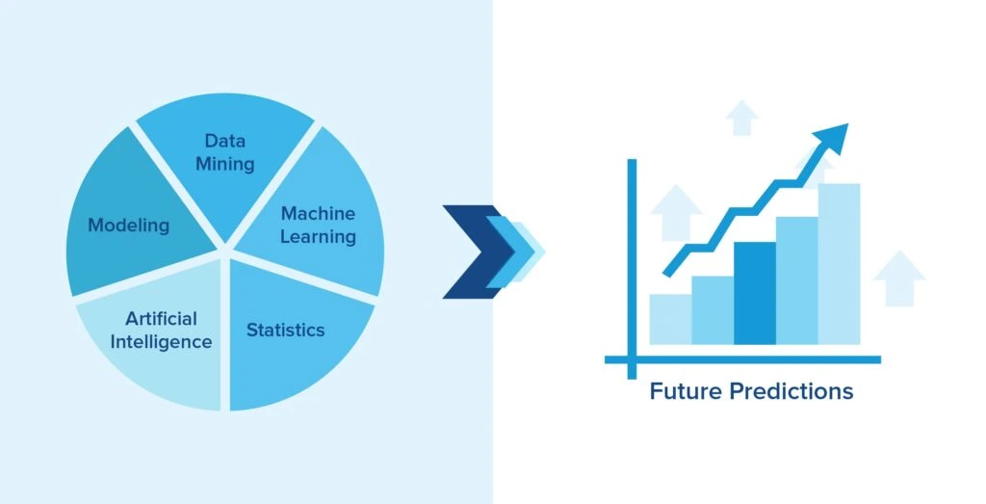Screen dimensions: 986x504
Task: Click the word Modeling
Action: click(129, 225)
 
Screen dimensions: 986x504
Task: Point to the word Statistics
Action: click(285, 330)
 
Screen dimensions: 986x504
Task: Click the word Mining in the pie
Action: click(225, 164)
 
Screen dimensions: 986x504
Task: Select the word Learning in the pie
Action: click(318, 237)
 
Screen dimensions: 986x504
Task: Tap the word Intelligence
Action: click(161, 342)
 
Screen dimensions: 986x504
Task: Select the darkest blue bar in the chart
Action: click(755, 293)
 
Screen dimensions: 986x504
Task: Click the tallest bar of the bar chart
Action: click(839, 264)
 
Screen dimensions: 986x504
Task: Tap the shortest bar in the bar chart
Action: click(670, 319)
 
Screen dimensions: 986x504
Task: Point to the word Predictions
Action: click(791, 390)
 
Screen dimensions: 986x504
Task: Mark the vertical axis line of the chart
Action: click(632, 269)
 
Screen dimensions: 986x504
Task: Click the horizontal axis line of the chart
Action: click(742, 359)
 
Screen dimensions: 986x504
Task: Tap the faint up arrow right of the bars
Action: click(899, 279)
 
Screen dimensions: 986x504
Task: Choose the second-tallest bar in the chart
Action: click(796, 280)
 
